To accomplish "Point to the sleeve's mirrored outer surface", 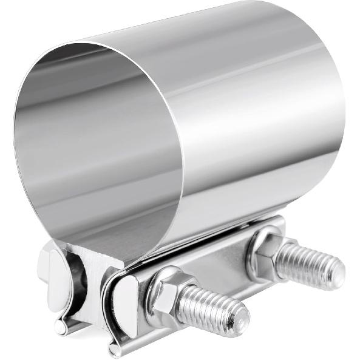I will [x=255, y=121].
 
